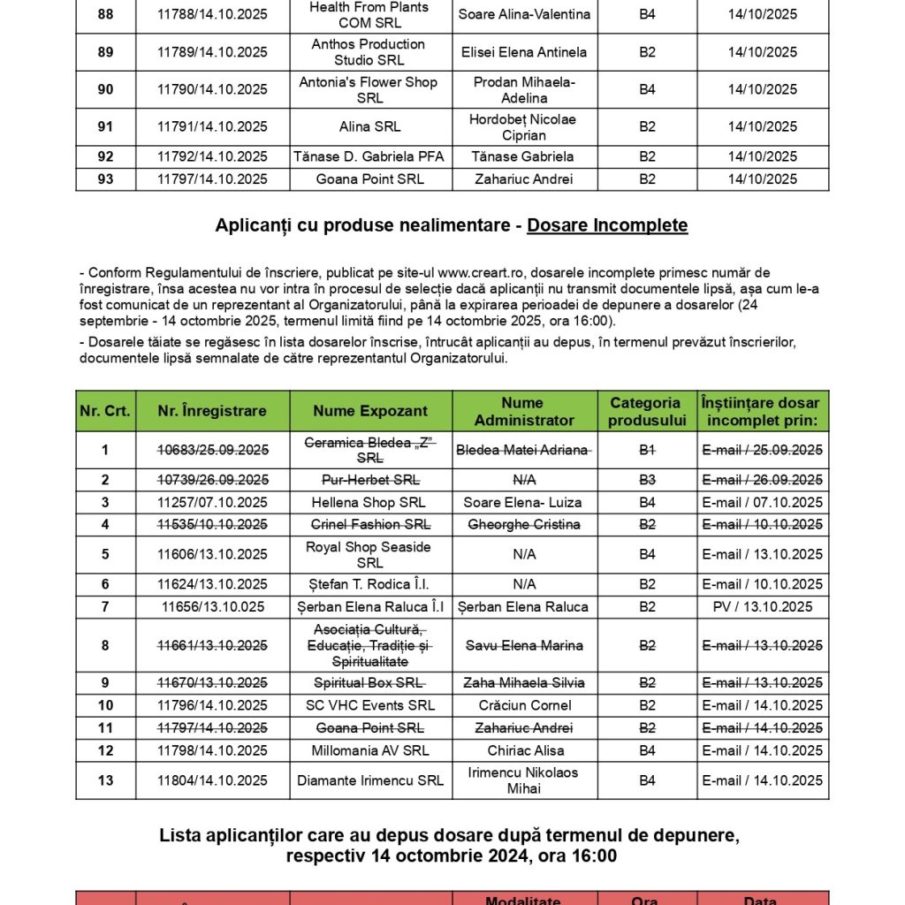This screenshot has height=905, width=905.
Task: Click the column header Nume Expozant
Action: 370,411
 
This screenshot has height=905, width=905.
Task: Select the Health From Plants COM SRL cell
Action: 369,15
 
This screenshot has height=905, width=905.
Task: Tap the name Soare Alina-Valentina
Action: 524,15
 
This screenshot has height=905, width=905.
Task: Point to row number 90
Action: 105,89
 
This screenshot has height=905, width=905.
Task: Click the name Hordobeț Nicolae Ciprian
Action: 524,127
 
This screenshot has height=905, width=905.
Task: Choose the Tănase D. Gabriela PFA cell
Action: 369,156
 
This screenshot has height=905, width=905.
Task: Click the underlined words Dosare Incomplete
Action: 607,225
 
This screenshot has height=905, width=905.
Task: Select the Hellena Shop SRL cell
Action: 369,502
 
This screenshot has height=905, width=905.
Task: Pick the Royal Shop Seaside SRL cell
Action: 369,555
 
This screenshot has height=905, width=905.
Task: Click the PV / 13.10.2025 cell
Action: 762,607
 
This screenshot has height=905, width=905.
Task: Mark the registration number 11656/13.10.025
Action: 212,607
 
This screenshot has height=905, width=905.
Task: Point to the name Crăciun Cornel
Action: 524,705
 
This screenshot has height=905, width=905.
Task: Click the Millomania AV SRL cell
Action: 369,750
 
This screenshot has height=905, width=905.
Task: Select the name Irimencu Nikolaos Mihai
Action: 524,780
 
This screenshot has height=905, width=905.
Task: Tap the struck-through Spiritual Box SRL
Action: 369,682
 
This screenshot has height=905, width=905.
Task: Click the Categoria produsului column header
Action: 647,411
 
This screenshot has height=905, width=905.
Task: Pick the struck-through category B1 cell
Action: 647,450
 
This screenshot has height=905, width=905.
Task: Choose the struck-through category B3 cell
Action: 647,480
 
